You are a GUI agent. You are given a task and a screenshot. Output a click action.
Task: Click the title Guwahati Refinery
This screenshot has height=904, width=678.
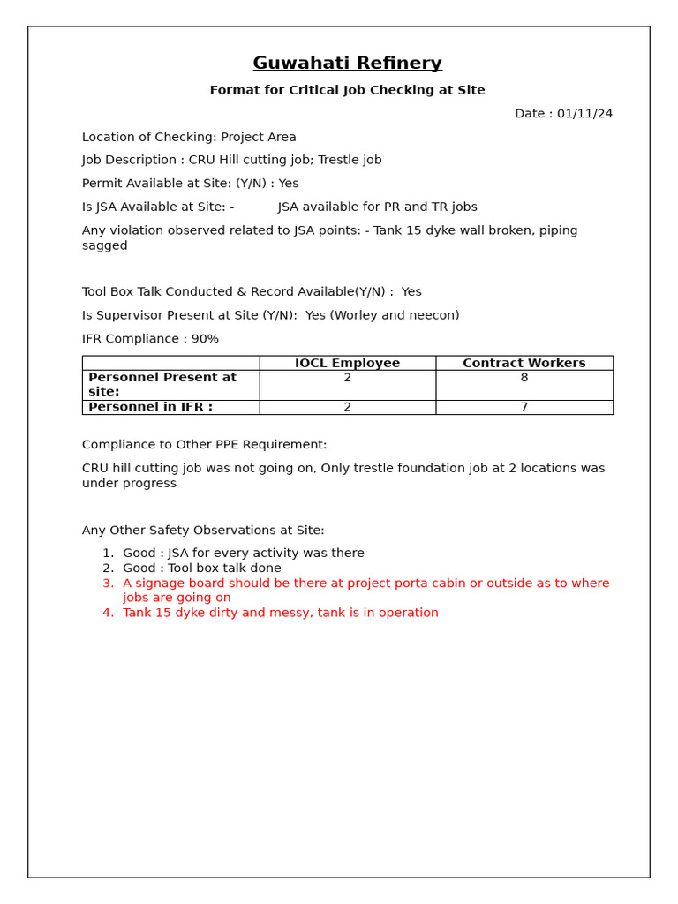click(x=347, y=64)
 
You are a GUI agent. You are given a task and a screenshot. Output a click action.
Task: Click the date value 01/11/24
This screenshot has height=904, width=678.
click(x=584, y=114)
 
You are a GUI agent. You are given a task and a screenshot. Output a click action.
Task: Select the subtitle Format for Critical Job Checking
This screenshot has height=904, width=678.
click(x=347, y=90)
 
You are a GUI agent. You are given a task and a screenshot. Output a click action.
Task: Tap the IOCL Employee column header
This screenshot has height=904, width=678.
click(x=347, y=363)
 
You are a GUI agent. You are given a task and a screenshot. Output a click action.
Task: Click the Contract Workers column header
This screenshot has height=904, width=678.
click(x=524, y=363)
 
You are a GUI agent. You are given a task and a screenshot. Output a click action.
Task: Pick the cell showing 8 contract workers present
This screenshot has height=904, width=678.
click(x=524, y=378)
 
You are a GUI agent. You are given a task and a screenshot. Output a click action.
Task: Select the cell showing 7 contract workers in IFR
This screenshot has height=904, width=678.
click(x=524, y=407)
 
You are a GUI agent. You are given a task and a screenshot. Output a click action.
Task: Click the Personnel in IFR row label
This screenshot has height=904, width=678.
click(x=150, y=407)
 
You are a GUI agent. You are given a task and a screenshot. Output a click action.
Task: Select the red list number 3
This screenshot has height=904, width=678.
click(x=108, y=584)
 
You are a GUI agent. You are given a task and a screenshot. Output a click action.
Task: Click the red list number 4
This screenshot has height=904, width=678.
click(x=108, y=613)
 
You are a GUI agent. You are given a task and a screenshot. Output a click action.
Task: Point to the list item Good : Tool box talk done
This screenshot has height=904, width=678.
click(x=201, y=569)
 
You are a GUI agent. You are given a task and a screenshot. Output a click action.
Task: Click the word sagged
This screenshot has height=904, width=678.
click(x=104, y=245)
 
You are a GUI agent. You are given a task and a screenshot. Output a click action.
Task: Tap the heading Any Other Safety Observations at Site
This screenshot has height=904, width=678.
click(x=203, y=531)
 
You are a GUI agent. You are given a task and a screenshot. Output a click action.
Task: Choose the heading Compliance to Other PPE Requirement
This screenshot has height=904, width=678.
click(x=204, y=445)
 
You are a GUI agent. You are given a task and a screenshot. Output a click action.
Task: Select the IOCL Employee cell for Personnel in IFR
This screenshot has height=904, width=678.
click(x=347, y=407)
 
